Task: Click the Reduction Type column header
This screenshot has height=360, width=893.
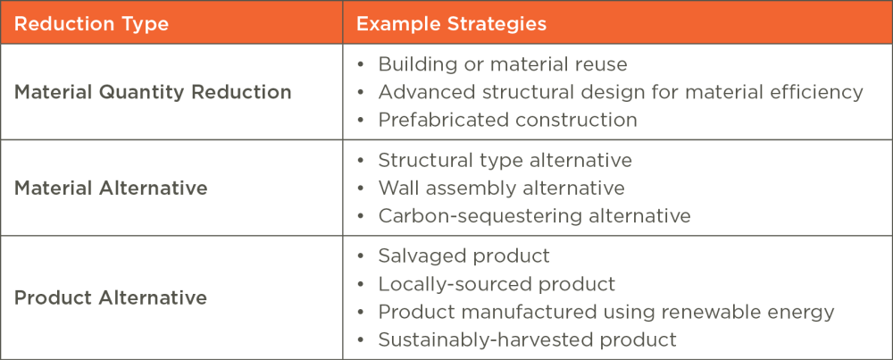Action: [x=91, y=24]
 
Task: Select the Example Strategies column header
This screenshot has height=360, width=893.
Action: [x=451, y=24]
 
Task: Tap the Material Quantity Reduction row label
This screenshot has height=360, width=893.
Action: [x=153, y=92]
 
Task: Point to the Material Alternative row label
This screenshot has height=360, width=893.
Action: [x=111, y=188]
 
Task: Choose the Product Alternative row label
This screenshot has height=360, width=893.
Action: [x=111, y=297]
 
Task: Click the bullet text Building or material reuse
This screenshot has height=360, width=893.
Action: [x=502, y=63]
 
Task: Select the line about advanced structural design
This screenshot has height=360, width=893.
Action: [x=621, y=92]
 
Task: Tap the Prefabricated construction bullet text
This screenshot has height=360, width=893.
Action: [x=507, y=120]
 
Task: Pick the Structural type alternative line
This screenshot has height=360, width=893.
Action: [x=505, y=160]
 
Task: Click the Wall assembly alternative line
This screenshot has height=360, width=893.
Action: [x=501, y=188]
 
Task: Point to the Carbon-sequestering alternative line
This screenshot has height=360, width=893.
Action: [x=534, y=216]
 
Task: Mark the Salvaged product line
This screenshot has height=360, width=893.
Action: [x=464, y=256]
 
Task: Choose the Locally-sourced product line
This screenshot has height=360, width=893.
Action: [x=497, y=284]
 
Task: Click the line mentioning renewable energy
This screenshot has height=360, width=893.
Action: [x=606, y=312]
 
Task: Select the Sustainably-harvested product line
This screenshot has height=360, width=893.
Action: [x=528, y=339]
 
